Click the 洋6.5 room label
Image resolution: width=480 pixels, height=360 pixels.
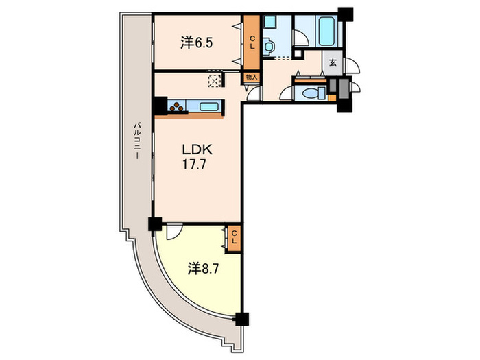(196, 43)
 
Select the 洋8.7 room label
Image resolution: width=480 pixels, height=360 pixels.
(203, 269)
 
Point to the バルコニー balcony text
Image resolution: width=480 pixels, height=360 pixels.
(138, 140)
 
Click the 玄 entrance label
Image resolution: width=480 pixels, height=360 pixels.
(333, 63)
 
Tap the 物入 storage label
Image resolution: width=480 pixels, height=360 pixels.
(252, 77)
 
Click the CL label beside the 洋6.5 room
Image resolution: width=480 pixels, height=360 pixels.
(252, 43)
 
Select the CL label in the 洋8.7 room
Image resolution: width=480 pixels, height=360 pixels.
(234, 237)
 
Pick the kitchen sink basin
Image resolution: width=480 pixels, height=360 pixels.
(209, 107)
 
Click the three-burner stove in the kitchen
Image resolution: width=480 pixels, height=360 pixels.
(177, 107)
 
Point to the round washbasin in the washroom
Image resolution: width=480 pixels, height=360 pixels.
(269, 47)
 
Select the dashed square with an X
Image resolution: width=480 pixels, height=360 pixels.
(214, 81)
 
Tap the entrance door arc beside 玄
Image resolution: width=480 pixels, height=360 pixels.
(352, 65)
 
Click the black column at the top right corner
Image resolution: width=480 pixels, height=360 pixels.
(346, 14)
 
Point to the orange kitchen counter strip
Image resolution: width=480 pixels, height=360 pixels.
(189, 117)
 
